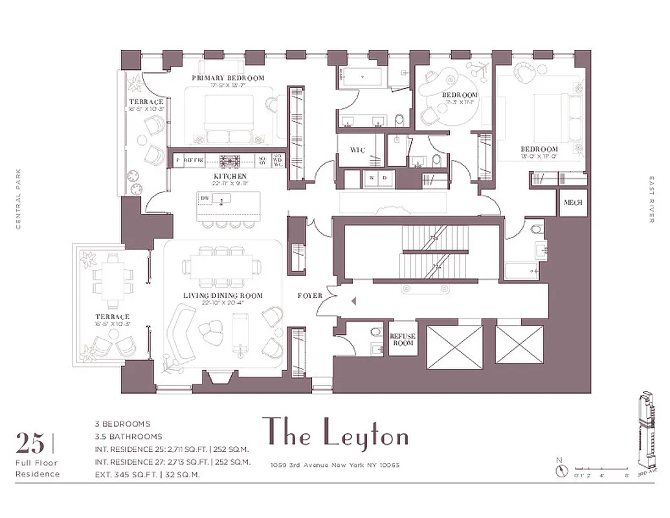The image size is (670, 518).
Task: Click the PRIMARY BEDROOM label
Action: (x=228, y=78)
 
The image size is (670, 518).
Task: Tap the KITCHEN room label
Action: (x=230, y=176)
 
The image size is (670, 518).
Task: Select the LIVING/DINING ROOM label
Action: (x=223, y=296)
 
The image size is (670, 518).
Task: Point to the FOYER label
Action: (x=309, y=296)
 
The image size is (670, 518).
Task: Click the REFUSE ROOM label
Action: (x=402, y=339)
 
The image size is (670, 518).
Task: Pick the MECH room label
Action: (x=573, y=203)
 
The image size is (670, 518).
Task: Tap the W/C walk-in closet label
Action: (x=358, y=150)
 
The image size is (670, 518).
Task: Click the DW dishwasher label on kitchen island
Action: (x=205, y=198)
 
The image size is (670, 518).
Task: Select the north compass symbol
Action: (x=561, y=470)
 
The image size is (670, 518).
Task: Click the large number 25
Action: (x=30, y=444)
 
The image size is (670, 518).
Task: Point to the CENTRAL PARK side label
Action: (x=19, y=199)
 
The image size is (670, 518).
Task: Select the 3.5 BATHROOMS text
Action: (x=128, y=436)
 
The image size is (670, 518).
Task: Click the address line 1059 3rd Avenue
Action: (x=335, y=465)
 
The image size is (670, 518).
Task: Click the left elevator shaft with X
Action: (x=454, y=347)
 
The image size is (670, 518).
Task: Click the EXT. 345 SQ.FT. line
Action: (x=146, y=475)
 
